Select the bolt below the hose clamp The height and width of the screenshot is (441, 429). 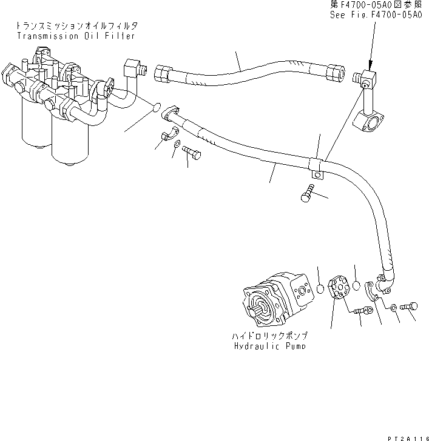(306, 195)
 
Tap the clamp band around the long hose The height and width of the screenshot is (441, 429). (316, 165)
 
